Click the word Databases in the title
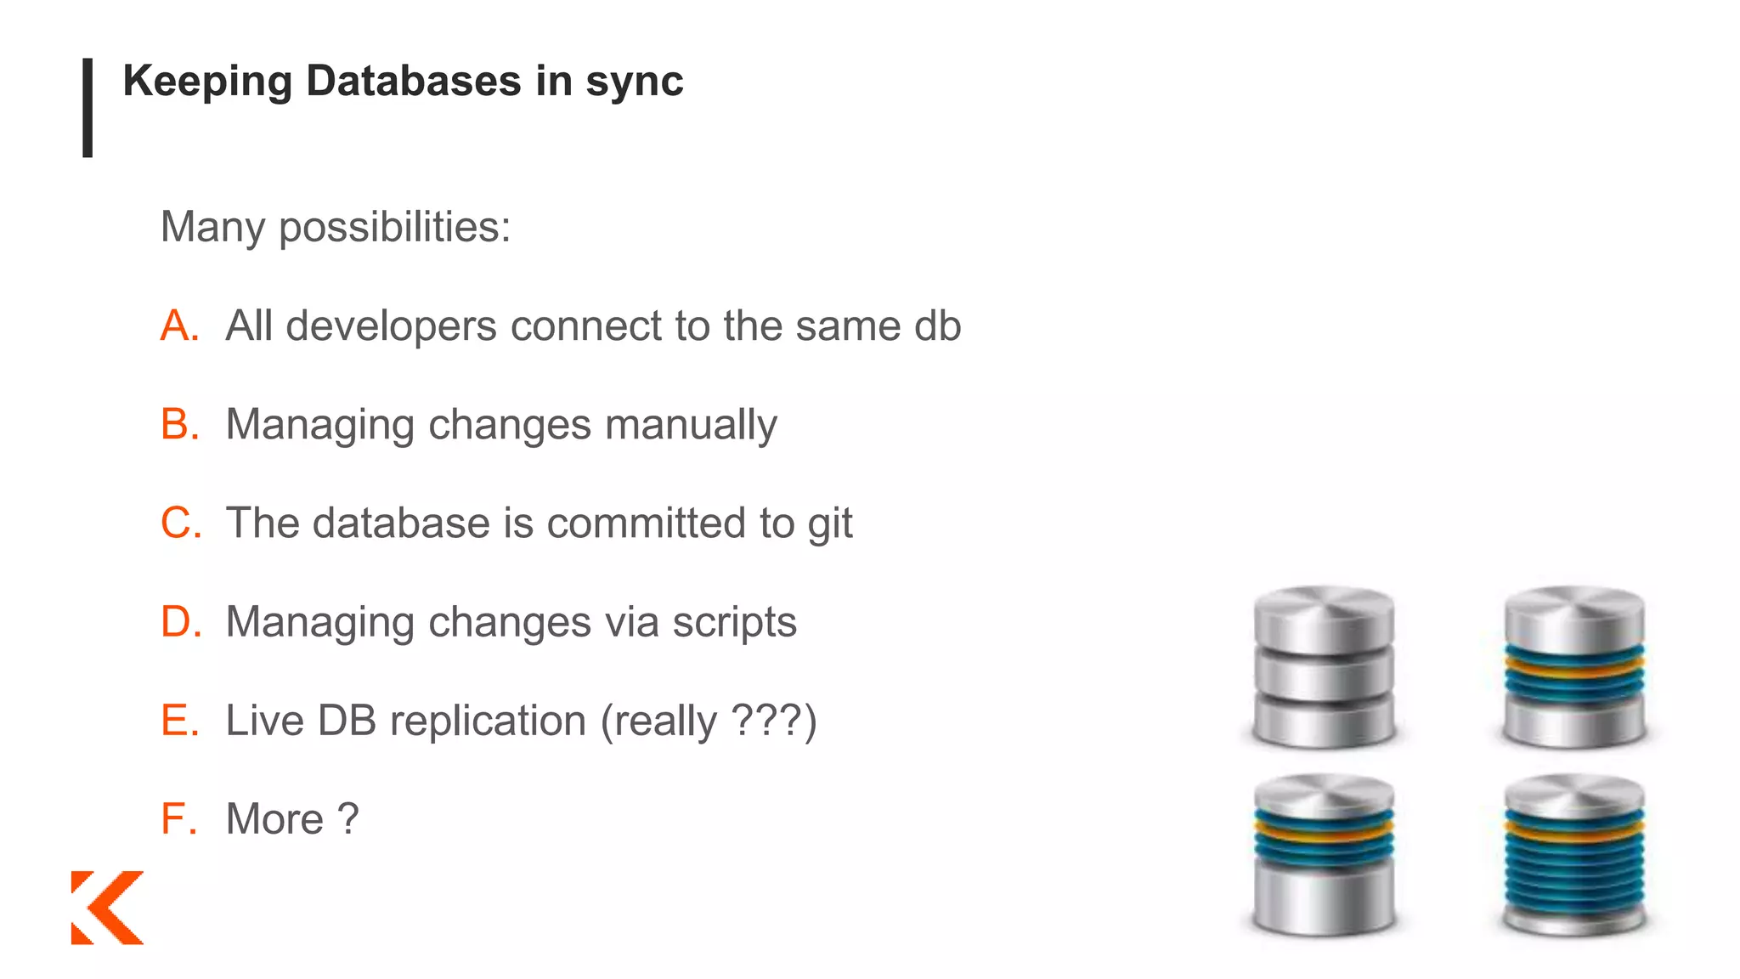tap(413, 82)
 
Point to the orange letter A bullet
tap(179, 326)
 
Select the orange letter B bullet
tap(179, 425)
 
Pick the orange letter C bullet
tap(180, 523)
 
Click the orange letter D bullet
tap(180, 622)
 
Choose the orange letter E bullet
tap(179, 721)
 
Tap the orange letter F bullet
tap(178, 819)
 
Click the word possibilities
tap(394, 228)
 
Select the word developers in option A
tap(391, 326)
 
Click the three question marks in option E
tap(766, 721)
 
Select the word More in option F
tap(274, 819)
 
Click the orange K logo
tap(107, 907)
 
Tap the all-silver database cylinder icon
tap(1324, 668)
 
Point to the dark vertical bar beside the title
tap(88, 108)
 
